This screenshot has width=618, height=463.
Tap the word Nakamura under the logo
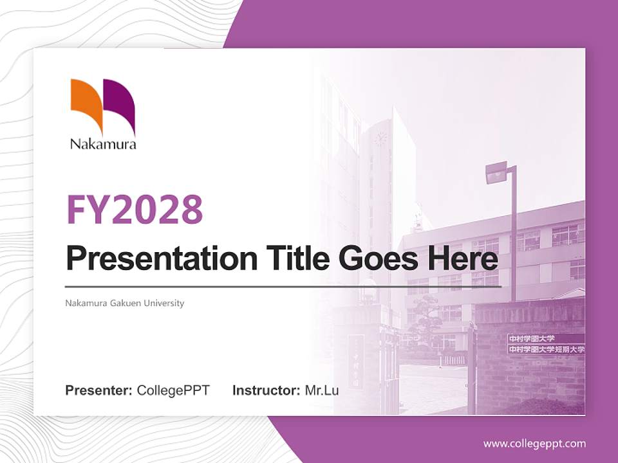[103, 144]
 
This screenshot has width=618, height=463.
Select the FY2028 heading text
[135, 209]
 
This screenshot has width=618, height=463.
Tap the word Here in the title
[462, 259]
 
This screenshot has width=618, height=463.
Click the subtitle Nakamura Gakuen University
[125, 303]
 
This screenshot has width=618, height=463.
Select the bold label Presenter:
[99, 390]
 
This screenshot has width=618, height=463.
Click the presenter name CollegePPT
[173, 390]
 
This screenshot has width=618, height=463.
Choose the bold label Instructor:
[266, 390]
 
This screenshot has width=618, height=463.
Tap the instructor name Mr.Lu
[322, 390]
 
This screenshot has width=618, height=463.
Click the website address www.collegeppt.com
[534, 443]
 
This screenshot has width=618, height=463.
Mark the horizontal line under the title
[283, 286]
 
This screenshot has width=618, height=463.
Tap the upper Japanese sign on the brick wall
[531, 338]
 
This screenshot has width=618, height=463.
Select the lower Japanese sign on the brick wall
[546, 349]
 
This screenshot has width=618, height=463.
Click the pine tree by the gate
[424, 315]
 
